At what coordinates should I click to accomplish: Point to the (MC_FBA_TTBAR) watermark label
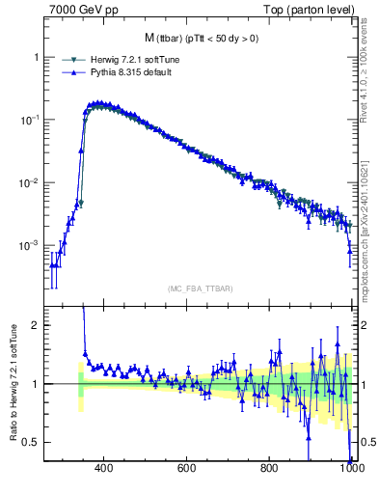[200, 288]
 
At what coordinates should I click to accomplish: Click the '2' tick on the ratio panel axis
[35, 325]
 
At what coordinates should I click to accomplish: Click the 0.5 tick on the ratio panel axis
[31, 442]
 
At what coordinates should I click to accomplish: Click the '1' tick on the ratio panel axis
[35, 384]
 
